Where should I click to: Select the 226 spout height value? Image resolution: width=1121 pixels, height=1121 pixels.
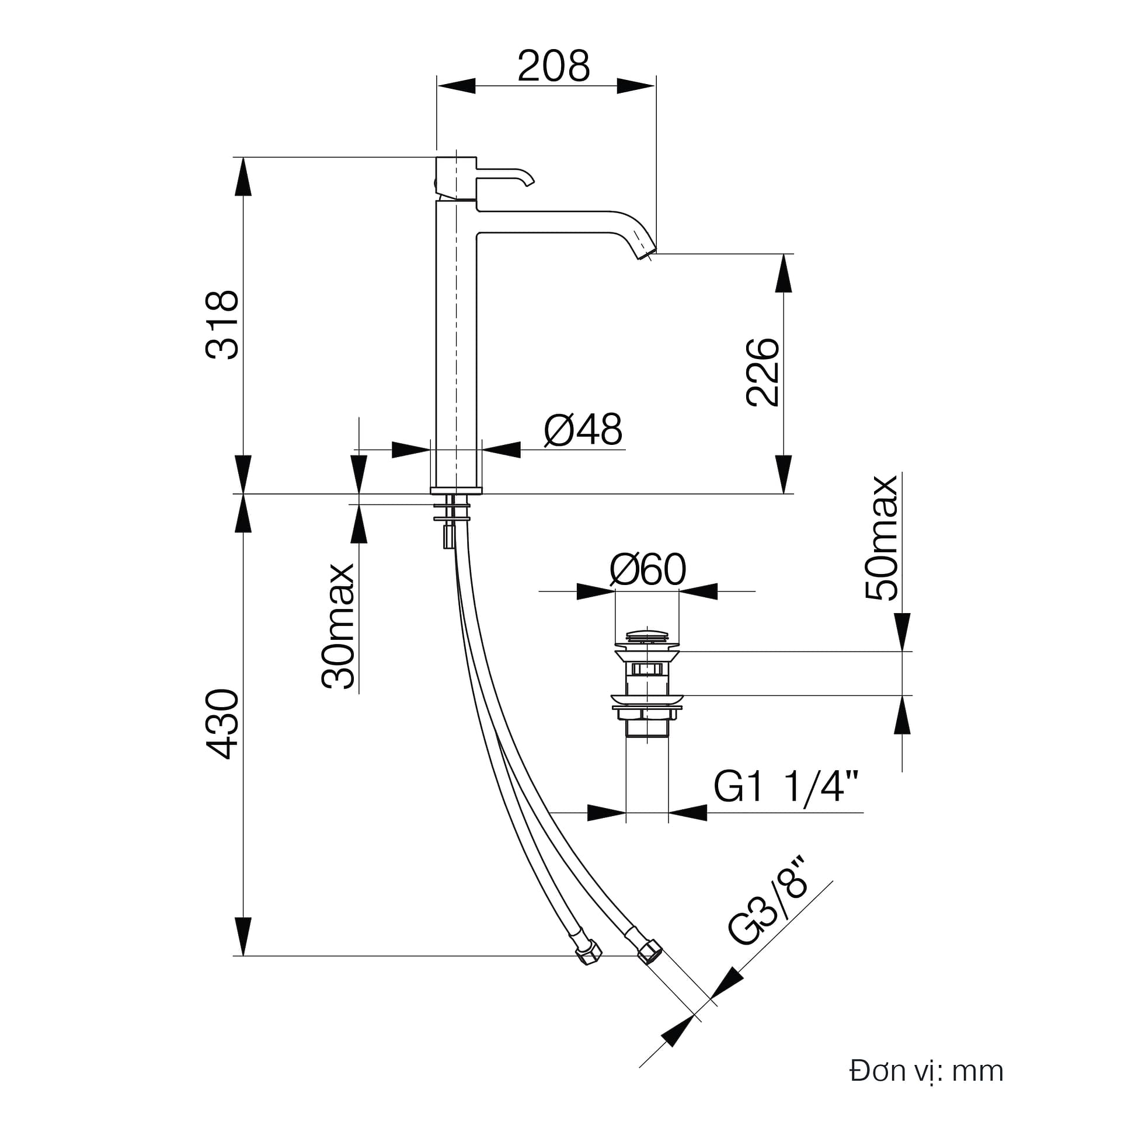point(763,372)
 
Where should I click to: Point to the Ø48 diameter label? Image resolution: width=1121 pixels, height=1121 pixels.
point(583,429)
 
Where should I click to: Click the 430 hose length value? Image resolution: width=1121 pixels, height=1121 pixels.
point(222,725)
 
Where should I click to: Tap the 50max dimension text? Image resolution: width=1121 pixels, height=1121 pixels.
point(882,538)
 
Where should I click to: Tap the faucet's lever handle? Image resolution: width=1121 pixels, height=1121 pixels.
point(505,175)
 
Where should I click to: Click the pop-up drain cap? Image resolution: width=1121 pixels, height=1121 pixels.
point(647,636)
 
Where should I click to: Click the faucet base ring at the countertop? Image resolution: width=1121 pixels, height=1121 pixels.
point(457,490)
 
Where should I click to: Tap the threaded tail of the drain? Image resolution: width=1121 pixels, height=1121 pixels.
point(647,729)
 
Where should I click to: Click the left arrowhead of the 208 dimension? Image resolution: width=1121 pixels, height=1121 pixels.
point(456,86)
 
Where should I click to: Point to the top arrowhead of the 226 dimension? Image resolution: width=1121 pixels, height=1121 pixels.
point(784,273)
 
